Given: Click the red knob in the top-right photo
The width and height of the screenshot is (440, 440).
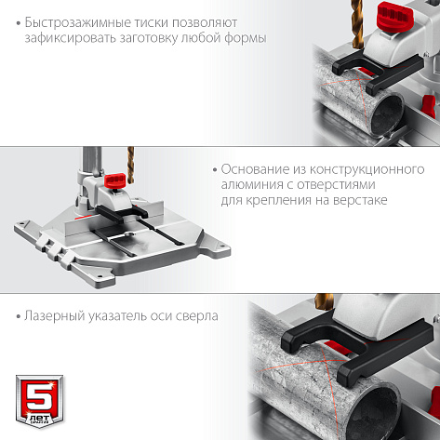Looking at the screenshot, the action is coord(395,17).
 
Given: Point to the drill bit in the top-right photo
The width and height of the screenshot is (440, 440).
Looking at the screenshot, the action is coord(357,24).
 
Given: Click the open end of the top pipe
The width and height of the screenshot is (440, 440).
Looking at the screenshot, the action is coord(388,115).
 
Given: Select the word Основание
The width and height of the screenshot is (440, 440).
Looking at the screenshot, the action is coord(255,169).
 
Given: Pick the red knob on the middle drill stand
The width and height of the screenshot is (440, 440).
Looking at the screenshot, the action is coord(115,180).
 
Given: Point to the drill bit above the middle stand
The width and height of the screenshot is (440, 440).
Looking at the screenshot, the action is coord(130,165).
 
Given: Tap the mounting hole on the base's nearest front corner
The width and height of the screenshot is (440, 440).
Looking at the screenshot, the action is coord(100,276).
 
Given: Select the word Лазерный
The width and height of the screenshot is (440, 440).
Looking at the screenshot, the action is coord(55,316).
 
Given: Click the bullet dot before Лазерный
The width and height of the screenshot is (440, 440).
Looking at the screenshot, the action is coord(19,317).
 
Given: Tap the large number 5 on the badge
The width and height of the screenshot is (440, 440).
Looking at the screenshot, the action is coord(40,398).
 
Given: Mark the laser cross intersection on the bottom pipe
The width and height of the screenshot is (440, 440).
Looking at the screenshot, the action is coord(324,361).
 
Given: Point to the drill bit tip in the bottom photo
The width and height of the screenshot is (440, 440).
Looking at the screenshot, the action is coord(323,307).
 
